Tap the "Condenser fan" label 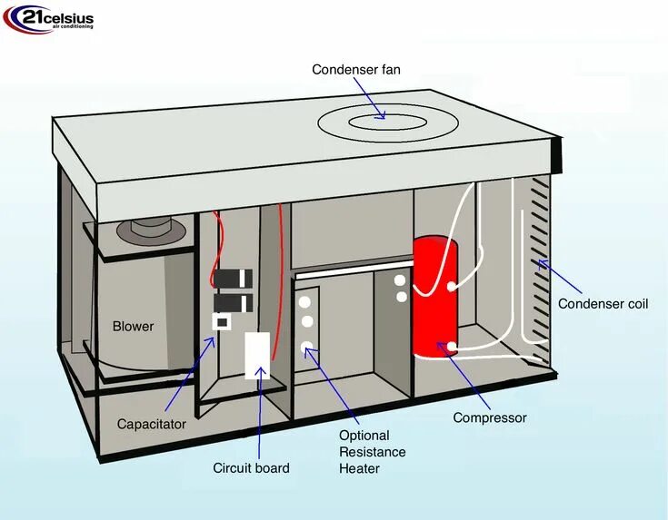coord(355,70)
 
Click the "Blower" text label coord(133,327)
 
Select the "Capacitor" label coord(152,424)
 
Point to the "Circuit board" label coord(251,468)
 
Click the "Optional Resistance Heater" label coord(372,452)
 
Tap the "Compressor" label coord(490,418)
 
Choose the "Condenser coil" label coord(603,304)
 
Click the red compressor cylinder coord(435,299)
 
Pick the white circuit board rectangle coord(258,355)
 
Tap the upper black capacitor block coord(231,278)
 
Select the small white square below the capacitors coord(220,321)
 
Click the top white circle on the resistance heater coord(307,302)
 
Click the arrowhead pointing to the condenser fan coord(382,115)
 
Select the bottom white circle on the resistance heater coord(307,346)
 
